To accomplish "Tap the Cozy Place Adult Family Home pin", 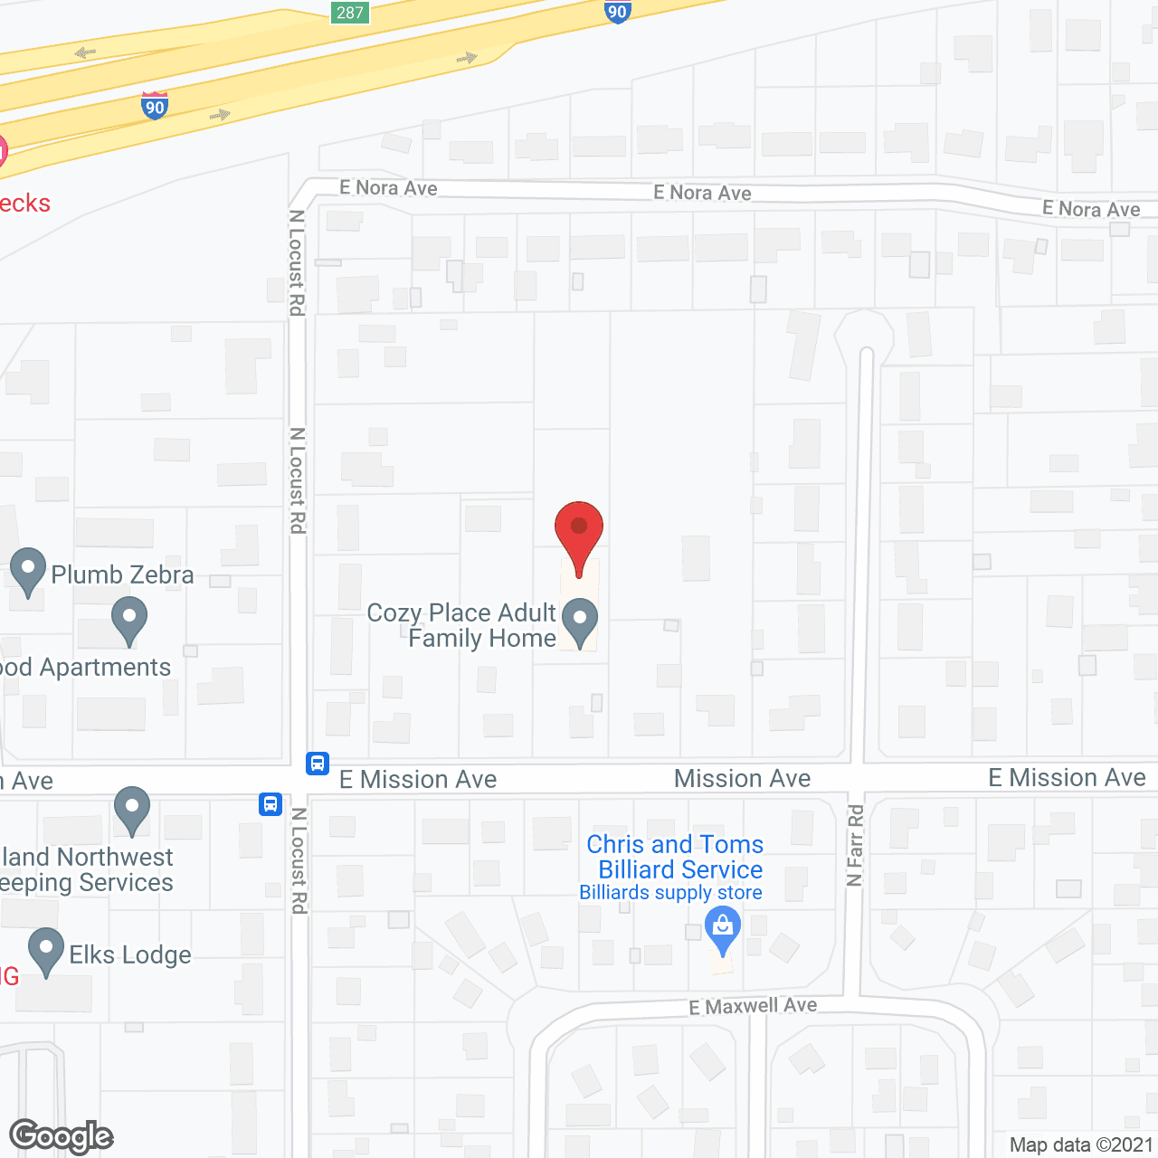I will (580, 623).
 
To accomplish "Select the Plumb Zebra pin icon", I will (28, 571).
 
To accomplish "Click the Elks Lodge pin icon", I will (46, 951).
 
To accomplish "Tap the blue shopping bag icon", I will (722, 929).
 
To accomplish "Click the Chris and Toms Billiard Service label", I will (676, 857).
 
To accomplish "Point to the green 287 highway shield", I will (349, 13).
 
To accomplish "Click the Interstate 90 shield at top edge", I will (617, 12).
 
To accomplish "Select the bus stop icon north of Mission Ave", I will (317, 764).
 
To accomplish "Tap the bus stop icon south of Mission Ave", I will (271, 803).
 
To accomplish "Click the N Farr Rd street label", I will (855, 845).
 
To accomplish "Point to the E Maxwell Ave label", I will (753, 1006).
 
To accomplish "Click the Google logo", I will (61, 1137).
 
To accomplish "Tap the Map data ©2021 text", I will (1081, 1144).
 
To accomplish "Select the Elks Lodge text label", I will (130, 954).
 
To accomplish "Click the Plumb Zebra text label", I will (122, 574).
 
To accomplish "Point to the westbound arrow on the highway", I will (86, 52).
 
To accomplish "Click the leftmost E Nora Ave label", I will (388, 188).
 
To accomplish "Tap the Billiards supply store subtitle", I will (670, 893).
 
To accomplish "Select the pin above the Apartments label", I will (129, 621).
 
